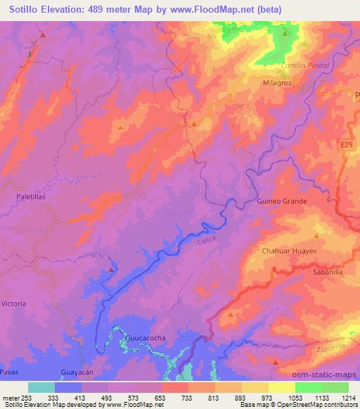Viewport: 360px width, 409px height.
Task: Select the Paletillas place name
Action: click(x=30, y=198)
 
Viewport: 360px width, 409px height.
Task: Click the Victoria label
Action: click(x=14, y=303)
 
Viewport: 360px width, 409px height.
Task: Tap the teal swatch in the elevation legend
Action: click(x=42, y=387)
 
